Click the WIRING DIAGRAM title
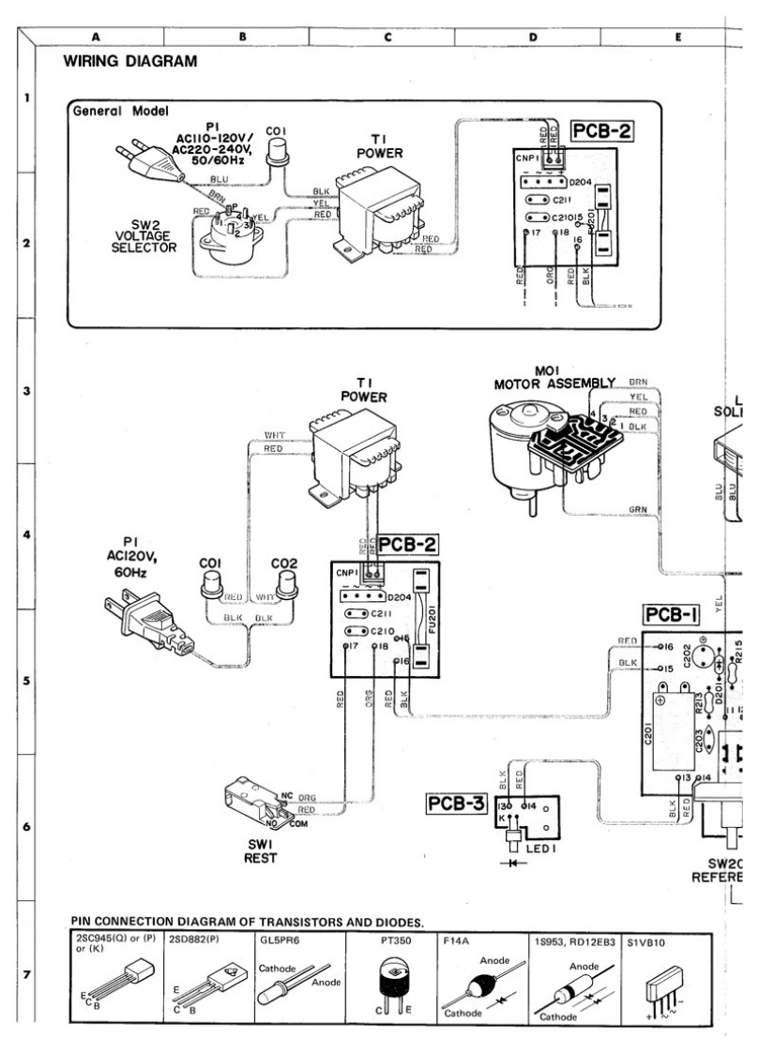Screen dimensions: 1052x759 click(x=130, y=63)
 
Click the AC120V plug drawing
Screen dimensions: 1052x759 click(x=145, y=619)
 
